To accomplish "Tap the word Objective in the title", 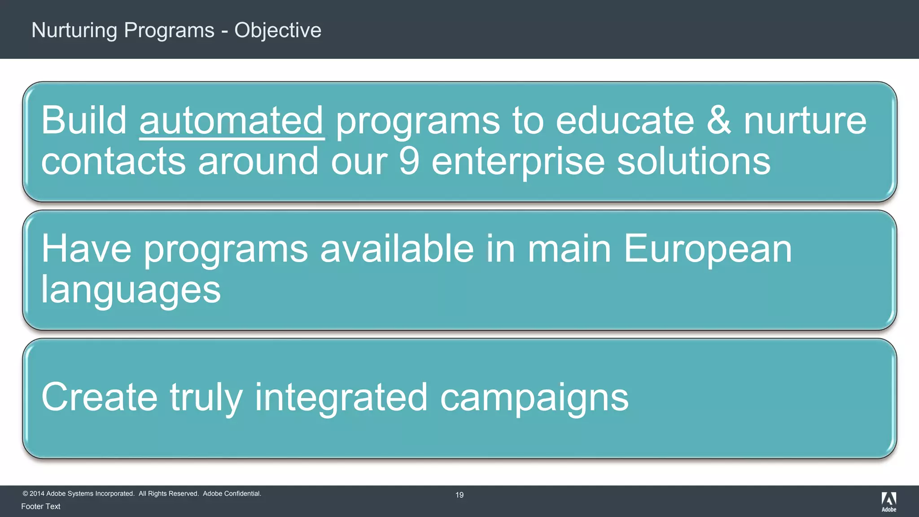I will [x=278, y=31].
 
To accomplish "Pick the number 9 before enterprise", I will [x=409, y=161].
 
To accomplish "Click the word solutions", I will [x=693, y=161].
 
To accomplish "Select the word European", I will [x=708, y=250].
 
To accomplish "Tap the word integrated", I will [x=341, y=398].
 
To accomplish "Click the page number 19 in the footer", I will [x=459, y=495].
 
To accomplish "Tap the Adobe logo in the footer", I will [x=888, y=501].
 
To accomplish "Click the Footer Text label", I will [x=41, y=506].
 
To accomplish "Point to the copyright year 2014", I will [x=37, y=494].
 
